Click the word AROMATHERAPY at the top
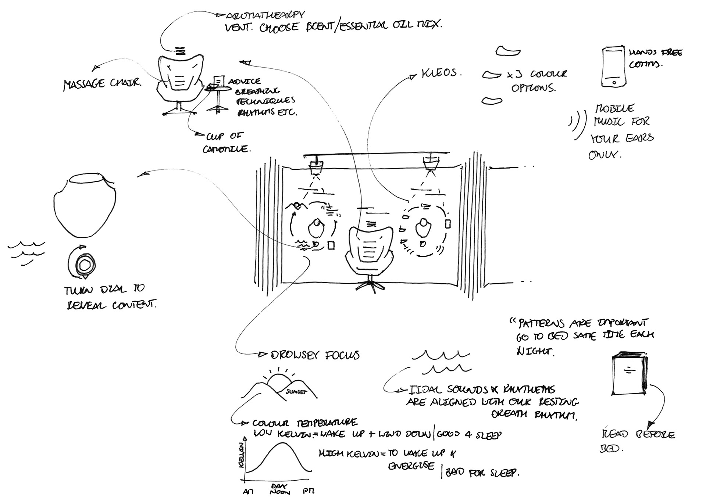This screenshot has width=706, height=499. [265, 15]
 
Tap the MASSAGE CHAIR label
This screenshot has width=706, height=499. [102, 84]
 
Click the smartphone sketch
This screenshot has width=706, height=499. [613, 67]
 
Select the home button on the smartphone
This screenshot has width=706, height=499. [613, 82]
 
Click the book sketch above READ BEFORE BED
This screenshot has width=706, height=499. [629, 373]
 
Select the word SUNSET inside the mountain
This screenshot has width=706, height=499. [296, 392]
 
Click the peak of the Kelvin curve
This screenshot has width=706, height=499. [282, 444]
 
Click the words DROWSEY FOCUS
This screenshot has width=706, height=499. [315, 355]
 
